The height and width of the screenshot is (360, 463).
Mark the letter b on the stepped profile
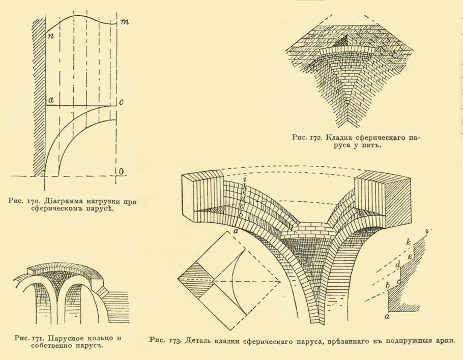(x=388, y=286)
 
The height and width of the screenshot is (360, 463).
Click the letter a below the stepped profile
(x=387, y=316)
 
